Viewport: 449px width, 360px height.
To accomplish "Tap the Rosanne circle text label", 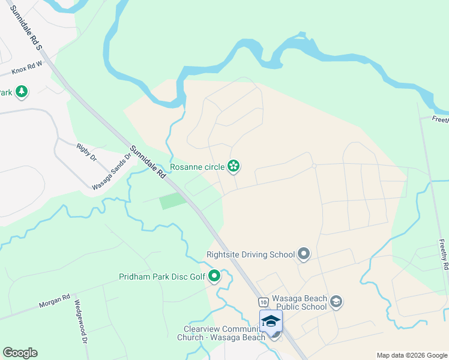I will (x=197, y=167).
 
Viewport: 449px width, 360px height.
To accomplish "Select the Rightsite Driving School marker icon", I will (x=304, y=254).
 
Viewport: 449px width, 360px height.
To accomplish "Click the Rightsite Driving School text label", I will (x=250, y=254).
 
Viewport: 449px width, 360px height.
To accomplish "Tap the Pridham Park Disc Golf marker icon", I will (x=214, y=277).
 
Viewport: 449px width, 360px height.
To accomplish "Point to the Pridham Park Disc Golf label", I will (x=162, y=277).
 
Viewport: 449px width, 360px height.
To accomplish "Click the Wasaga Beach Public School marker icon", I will (x=336, y=301).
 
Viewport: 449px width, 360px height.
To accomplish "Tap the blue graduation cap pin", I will (x=271, y=320).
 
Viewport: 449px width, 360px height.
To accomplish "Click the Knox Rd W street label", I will (x=28, y=67).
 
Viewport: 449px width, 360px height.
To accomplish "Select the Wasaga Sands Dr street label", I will (x=110, y=172).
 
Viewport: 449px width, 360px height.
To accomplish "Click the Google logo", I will (x=20, y=353).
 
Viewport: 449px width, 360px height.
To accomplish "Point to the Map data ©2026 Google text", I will (x=411, y=355).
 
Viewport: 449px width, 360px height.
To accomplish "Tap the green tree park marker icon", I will (x=22, y=92).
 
